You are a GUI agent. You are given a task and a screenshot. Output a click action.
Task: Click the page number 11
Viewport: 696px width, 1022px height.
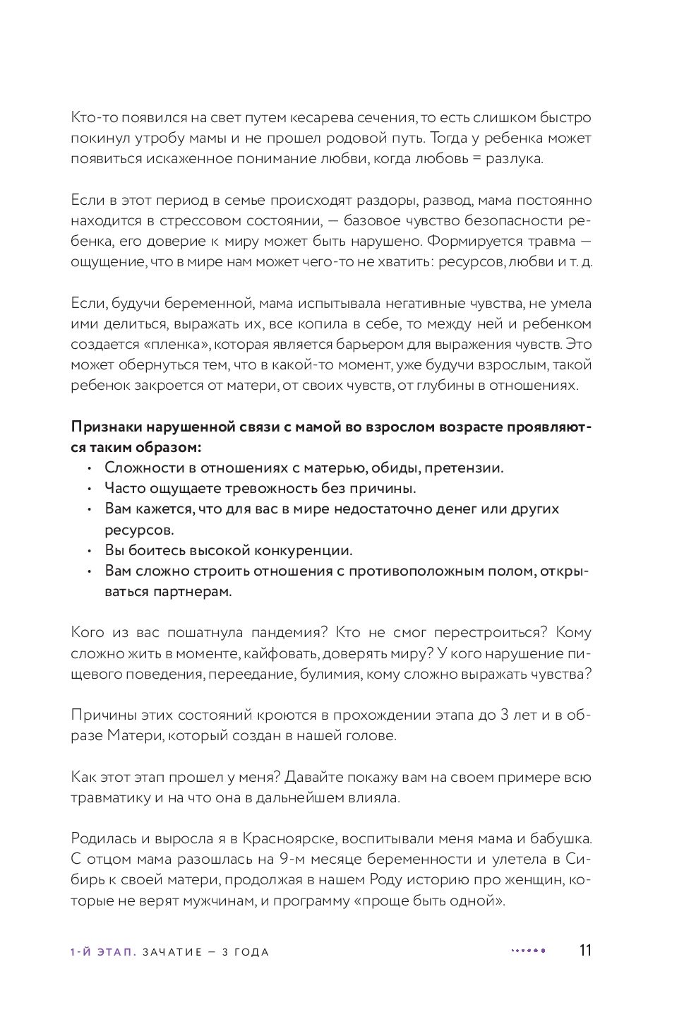(584, 951)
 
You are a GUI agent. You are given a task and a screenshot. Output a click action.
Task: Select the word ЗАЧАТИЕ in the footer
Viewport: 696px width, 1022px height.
(174, 952)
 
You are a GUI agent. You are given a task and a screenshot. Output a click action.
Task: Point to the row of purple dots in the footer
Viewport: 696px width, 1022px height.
(528, 951)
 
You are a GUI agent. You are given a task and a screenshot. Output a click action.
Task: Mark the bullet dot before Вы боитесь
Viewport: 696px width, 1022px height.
(89, 551)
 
